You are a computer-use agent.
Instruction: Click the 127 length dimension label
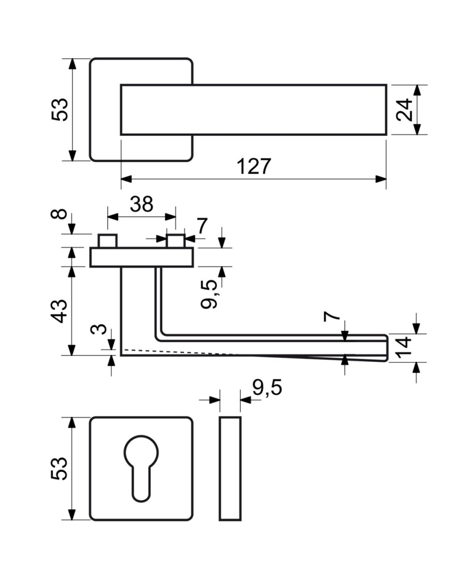254,166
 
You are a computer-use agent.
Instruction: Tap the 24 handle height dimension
404,110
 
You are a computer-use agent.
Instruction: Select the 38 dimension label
142,204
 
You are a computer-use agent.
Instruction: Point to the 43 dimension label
59,311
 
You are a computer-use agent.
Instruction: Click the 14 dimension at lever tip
404,348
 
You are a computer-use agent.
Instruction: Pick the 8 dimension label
59,214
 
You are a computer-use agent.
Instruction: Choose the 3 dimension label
99,329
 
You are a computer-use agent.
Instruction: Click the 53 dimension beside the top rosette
59,109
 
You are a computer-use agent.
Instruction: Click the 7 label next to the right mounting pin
202,226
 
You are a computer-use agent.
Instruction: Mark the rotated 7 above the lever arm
332,316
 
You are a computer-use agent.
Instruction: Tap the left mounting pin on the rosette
108,241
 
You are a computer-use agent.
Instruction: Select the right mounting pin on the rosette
175,241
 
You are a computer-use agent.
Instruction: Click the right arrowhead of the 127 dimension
381,179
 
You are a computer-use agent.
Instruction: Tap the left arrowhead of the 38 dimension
113,217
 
